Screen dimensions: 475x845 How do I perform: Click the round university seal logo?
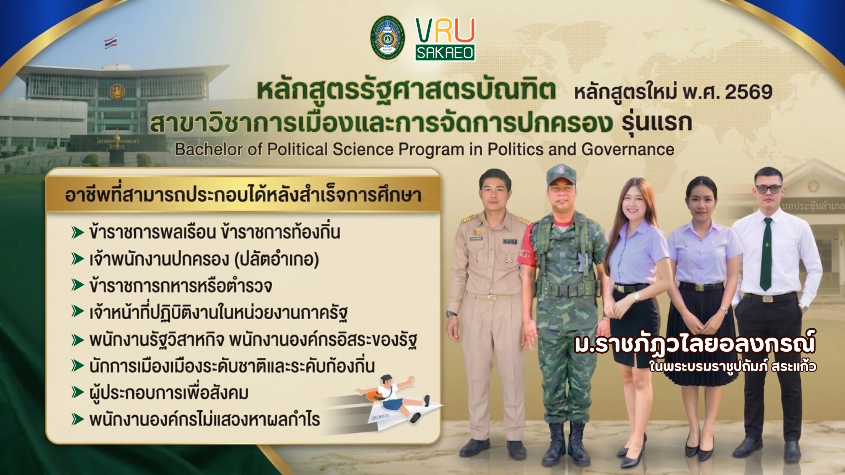click(388, 39)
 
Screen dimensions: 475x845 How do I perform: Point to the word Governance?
click(627, 149)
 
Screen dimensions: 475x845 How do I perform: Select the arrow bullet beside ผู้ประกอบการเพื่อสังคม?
click(78, 393)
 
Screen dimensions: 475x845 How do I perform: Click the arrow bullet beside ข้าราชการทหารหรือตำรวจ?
click(78, 286)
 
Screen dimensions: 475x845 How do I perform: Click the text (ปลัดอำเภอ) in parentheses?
click(276, 260)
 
